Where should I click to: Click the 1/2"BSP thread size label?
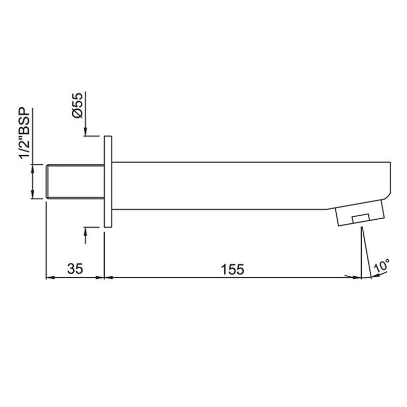point(24,134)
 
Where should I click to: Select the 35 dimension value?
point(75,269)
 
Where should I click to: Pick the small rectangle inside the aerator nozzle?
point(360,219)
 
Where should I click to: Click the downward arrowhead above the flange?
point(85,131)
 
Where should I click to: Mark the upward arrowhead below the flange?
point(85,232)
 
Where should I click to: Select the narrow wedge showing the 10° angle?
point(363,254)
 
